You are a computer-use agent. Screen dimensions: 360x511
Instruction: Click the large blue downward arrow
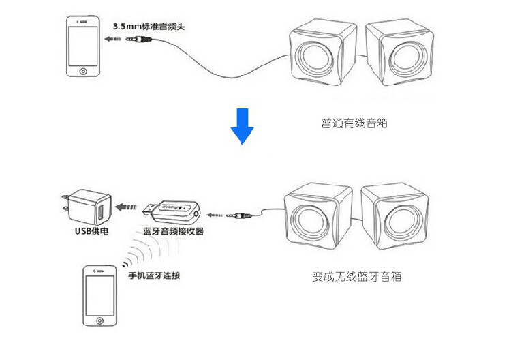point(241,125)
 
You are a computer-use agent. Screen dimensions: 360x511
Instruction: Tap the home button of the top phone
point(84,70)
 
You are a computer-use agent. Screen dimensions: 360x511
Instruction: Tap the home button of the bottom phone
point(101,318)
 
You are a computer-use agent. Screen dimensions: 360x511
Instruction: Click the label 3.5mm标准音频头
point(149,27)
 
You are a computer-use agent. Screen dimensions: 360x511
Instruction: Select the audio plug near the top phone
point(140,40)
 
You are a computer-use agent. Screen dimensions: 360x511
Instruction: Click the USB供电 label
point(91,231)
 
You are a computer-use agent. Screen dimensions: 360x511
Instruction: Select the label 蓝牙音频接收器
point(174,232)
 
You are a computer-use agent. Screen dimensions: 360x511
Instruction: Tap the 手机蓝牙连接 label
point(154,277)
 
